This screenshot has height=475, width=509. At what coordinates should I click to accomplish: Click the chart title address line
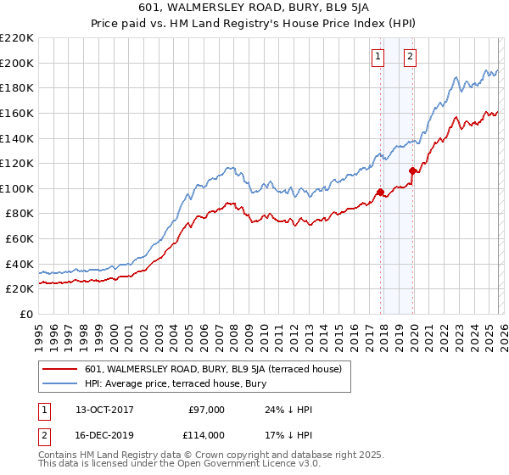point(255,7)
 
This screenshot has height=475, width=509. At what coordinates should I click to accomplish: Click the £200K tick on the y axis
point(17,63)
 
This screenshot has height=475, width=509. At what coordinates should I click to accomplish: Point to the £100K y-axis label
point(17,188)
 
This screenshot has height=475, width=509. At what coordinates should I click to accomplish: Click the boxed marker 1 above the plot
point(378,57)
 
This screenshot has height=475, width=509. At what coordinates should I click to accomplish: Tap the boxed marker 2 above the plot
point(410,57)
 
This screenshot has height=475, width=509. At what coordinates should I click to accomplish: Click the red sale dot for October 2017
point(380,192)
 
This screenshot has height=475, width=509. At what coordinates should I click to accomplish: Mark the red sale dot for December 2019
point(412,170)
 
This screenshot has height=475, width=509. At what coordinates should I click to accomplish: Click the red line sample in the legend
point(59,369)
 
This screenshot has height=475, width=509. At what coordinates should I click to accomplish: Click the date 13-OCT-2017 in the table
point(103,410)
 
